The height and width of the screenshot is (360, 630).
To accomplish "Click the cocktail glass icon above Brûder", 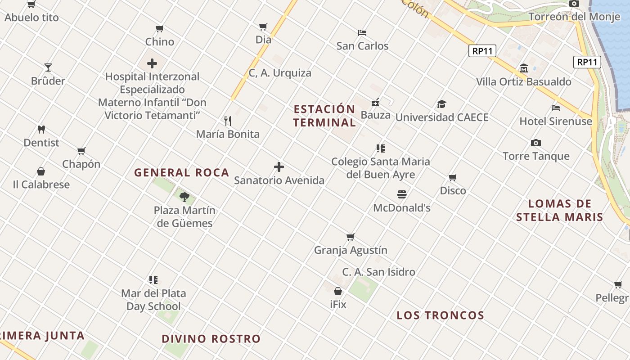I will tap(48, 67).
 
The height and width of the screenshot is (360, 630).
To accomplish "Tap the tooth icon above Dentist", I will tap(41, 130).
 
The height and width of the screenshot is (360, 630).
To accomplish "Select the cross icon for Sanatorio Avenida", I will tap(279, 167).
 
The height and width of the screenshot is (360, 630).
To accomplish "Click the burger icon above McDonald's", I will tap(402, 194).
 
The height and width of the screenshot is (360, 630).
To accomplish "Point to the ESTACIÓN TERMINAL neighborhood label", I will tap(324, 116).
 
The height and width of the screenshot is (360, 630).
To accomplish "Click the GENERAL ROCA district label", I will tap(182, 172).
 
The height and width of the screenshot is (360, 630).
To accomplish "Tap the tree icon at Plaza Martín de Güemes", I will tap(184, 197).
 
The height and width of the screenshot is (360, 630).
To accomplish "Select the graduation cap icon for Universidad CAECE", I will tap(441, 104).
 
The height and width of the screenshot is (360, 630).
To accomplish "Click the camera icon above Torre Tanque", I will tap(536, 143).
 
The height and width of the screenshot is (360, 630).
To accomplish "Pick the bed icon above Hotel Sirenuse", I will tap(556, 108).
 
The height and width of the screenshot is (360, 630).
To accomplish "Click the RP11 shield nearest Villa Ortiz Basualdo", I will tap(482, 51).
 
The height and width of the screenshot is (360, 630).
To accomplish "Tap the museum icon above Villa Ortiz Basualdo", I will tap(524, 68).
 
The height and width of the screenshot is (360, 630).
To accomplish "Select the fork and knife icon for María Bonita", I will tap(228, 121).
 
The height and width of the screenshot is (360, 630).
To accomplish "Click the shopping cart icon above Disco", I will tap(453, 177).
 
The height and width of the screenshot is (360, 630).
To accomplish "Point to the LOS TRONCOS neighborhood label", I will tap(440, 315).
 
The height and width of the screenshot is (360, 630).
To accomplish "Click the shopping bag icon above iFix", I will tap(338, 291).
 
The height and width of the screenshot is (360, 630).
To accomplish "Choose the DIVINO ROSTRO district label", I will tap(211, 339).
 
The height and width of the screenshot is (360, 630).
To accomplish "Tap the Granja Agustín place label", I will tap(351, 250).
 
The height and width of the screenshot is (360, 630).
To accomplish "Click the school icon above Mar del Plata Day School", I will tap(153, 280).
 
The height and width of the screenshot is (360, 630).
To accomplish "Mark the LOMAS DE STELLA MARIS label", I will tap(559, 211).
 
